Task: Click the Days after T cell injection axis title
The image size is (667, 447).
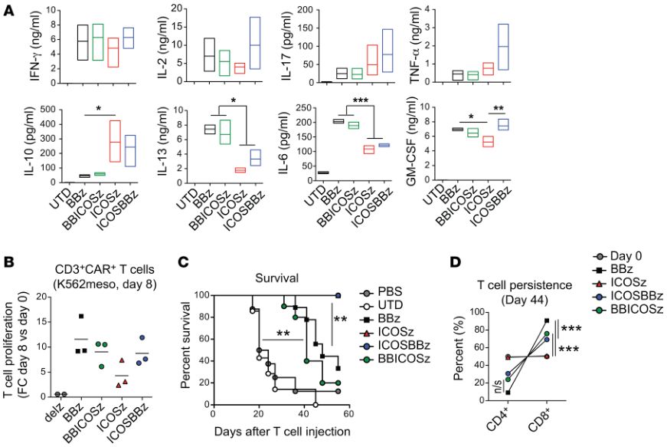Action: coord(283,430)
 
